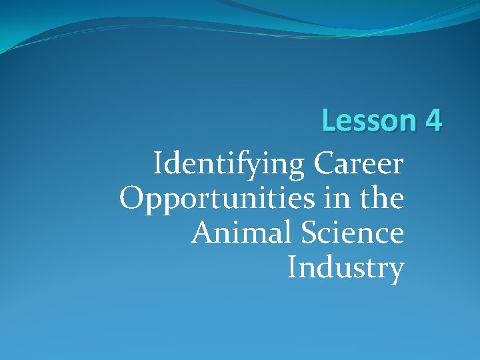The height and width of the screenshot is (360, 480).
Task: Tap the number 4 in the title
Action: (432, 121)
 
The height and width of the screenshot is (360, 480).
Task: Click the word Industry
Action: (345, 268)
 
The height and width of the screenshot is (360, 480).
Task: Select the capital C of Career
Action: (323, 163)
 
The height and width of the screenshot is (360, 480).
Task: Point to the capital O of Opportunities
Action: (132, 198)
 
